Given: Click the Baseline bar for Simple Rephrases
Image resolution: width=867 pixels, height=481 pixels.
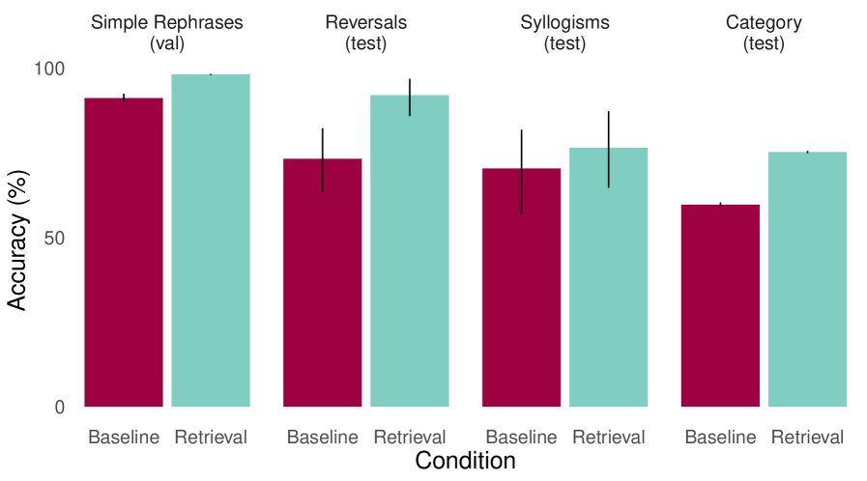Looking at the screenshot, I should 124,252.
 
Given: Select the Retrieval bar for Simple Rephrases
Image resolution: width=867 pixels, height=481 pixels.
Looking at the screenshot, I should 211,240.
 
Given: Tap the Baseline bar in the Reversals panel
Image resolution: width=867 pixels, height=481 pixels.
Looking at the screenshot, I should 322,282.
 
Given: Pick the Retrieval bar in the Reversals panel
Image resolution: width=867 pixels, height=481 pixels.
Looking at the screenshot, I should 410,250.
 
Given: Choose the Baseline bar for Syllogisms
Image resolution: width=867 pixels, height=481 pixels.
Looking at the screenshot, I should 522,287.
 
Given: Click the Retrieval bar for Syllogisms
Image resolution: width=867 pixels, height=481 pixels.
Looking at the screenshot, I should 609,277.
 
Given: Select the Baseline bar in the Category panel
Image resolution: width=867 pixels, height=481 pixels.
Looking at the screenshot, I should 720,305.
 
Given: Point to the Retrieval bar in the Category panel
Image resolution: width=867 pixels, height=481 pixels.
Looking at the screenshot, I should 808,279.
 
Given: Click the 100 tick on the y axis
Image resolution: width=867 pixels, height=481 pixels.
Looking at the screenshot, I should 50,69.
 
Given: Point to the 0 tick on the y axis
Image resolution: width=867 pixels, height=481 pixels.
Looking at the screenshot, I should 60,408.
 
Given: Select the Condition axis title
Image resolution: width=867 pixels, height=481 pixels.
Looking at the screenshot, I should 465,461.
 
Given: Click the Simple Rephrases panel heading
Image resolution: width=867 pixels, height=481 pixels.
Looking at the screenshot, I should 167,32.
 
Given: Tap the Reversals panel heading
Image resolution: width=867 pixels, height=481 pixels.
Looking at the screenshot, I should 366,32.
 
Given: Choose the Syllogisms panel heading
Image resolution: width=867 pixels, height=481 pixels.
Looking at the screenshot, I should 565,32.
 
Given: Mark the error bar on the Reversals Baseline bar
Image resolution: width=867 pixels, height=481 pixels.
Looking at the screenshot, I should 322,159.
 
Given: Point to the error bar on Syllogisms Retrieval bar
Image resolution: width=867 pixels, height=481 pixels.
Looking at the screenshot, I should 609,149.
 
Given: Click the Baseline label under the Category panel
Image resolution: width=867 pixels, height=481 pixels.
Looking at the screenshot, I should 720,438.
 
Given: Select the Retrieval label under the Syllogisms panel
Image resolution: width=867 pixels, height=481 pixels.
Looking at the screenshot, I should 609,438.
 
